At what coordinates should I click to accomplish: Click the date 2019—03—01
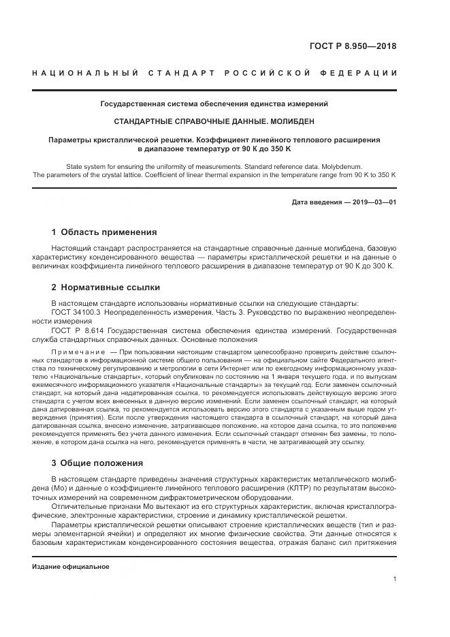click(371, 202)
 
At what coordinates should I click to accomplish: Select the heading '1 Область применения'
click(104, 232)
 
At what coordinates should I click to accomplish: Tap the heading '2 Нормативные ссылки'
click(105, 287)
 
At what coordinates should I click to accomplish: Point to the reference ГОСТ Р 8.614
click(74, 330)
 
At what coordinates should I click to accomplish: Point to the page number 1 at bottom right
click(394, 579)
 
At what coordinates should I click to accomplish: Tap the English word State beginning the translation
click(76, 166)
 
